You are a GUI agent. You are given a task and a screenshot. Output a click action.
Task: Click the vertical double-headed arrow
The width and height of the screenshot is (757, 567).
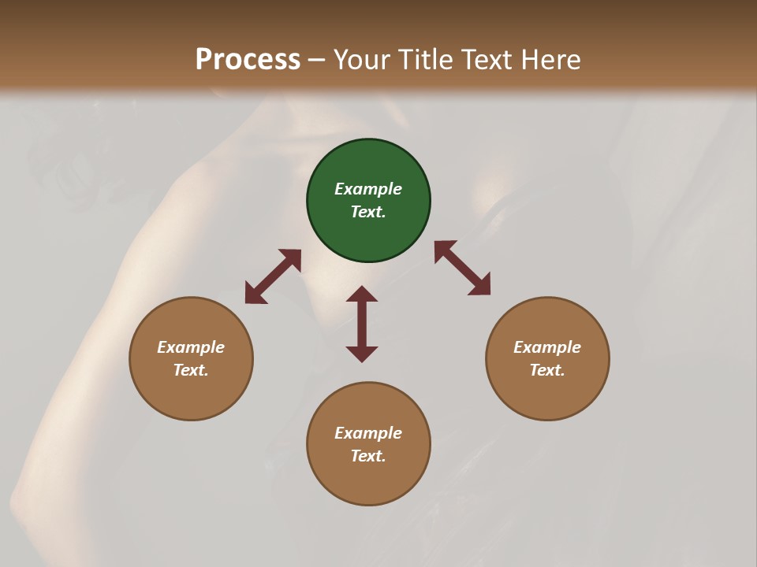tap(362, 324)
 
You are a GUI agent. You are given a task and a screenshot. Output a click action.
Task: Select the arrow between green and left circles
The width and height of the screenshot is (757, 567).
tap(273, 276)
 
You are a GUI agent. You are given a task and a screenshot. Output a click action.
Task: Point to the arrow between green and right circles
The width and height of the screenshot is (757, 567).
tap(462, 269)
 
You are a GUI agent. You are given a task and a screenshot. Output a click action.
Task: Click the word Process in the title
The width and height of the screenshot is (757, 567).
tap(248, 59)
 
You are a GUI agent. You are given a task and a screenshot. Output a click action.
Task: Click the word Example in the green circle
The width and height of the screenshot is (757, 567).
tap(368, 189)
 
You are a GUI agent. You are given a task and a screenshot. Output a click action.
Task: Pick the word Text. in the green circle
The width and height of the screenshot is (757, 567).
tap(368, 212)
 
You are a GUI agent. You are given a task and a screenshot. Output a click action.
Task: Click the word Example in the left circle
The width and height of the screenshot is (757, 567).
tap(191, 347)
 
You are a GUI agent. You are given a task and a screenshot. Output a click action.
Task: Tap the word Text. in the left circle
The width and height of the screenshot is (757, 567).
tap(191, 370)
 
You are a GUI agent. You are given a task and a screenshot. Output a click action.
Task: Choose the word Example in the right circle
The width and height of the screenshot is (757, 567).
tap(547, 347)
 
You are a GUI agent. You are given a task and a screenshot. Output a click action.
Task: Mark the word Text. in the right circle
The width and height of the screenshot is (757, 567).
tap(547, 370)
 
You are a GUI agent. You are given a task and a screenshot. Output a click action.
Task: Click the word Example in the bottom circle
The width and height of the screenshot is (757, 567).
tap(368, 433)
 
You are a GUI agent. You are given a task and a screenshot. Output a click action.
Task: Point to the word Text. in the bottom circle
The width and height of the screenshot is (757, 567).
tap(368, 456)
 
